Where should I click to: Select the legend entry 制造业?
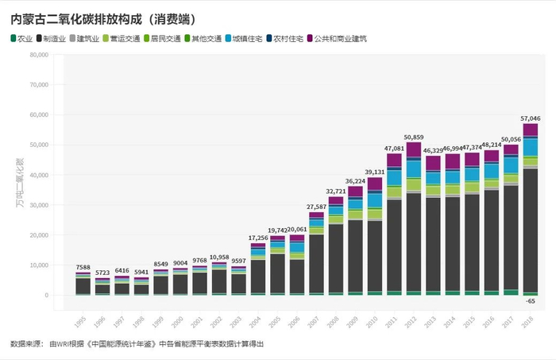click(50, 38)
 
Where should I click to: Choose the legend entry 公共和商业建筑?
click(342, 38)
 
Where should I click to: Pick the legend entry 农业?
click(22, 38)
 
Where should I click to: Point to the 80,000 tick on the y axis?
click(38, 55)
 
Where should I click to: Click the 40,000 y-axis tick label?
click(38, 175)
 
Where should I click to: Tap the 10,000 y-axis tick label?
click(38, 265)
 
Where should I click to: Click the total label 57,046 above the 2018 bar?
click(530, 118)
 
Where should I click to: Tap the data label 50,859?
click(413, 137)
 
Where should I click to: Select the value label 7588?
click(83, 267)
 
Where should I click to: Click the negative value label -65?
click(530, 301)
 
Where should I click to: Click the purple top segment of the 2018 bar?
click(530, 130)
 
